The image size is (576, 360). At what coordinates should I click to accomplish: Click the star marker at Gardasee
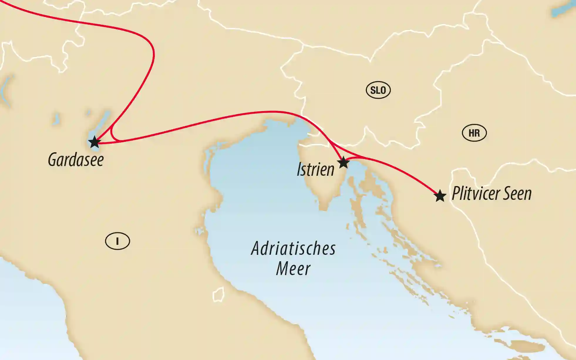95,142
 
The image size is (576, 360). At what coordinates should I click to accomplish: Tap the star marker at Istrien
343,162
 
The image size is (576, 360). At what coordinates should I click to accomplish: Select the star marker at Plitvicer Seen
440,196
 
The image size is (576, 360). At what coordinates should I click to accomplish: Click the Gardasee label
76,160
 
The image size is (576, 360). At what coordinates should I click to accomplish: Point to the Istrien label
315,170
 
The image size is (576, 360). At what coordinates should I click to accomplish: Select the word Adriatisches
293,249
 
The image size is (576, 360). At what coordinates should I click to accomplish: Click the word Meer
293,269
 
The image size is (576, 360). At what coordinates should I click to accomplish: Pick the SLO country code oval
378,90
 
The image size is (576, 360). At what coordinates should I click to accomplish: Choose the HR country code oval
474,133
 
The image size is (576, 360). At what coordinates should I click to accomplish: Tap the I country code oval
117,241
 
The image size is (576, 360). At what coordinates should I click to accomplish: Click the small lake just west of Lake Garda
55,119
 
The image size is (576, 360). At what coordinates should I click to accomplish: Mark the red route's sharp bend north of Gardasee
153,53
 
